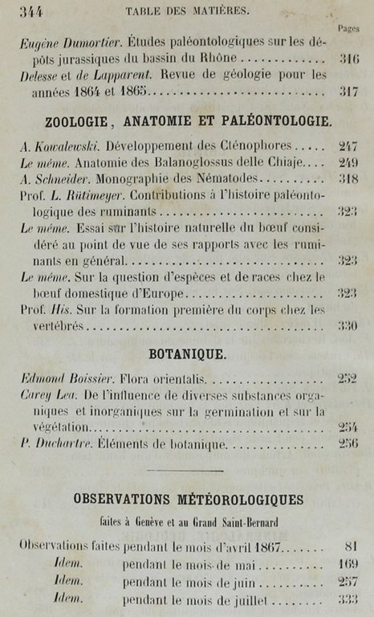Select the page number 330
(348, 326)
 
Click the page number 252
(348, 378)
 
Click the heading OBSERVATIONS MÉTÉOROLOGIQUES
(188, 500)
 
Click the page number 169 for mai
(348, 564)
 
